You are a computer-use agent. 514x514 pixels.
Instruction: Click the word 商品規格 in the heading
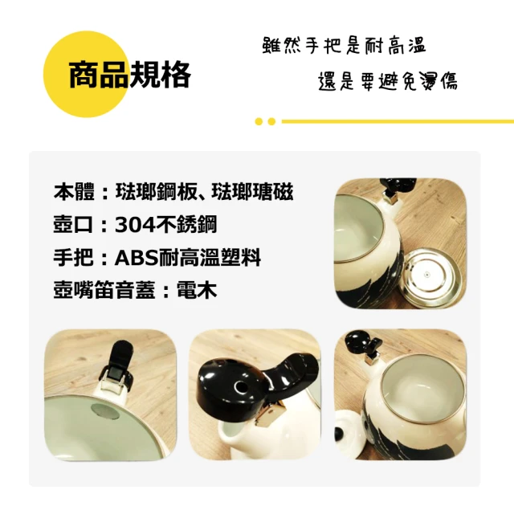129,75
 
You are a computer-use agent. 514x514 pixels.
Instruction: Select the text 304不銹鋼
166,225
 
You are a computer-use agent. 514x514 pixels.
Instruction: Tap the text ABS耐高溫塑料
188,258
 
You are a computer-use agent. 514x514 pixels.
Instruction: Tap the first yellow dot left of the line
259,121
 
